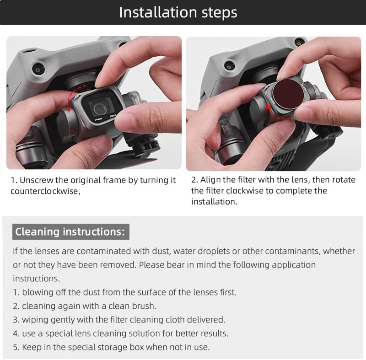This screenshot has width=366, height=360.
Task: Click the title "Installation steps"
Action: [x=178, y=12]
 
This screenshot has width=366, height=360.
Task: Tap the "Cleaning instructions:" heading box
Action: [x=71, y=231]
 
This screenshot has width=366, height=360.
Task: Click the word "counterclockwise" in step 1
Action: [x=44, y=191]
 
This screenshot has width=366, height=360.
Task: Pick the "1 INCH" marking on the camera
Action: [x=98, y=119]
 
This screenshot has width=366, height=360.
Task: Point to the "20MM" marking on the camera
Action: [x=113, y=116]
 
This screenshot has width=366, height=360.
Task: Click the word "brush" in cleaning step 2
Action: [x=144, y=306]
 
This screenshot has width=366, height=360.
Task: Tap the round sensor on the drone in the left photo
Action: [x=38, y=69]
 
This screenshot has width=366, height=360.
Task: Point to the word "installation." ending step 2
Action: [x=214, y=202]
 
